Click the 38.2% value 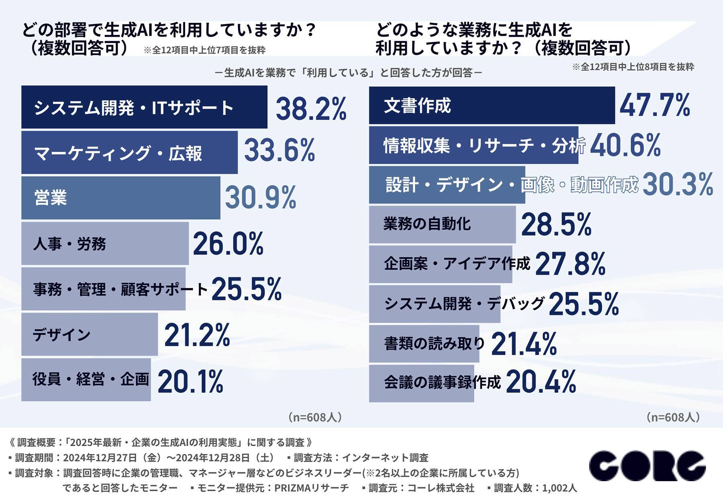click(311, 109)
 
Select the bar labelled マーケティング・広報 click(129, 152)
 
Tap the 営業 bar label click(51, 198)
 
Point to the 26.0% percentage click(228, 244)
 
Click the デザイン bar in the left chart click(89, 334)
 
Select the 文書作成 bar click(492, 105)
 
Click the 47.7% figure click(655, 105)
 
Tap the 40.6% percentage click(625, 145)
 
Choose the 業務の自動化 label click(427, 224)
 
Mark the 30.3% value click(678, 185)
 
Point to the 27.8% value click(570, 264)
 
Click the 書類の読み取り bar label click(435, 343)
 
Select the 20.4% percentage click(541, 382)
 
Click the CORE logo click(647, 466)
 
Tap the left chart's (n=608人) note click(315, 417)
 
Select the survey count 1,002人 click(559, 488)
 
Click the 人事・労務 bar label click(69, 244)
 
